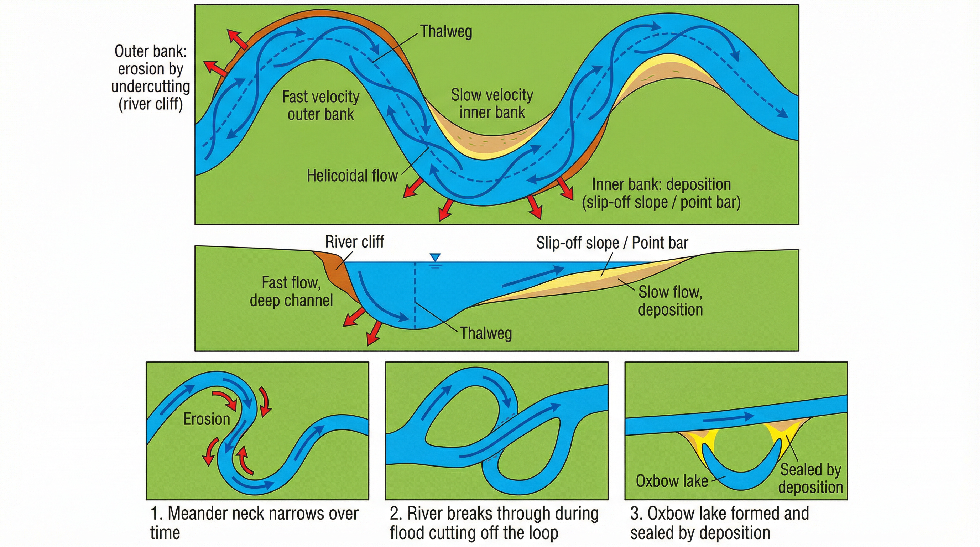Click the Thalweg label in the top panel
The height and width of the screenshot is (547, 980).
446,32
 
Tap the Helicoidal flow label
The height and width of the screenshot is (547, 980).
352,176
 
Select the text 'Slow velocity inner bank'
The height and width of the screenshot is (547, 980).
492,104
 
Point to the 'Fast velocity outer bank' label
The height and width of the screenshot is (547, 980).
320,105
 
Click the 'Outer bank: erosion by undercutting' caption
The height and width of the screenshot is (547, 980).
151,78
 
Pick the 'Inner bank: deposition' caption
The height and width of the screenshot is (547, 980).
661,193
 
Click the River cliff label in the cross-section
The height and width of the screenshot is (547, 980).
354,242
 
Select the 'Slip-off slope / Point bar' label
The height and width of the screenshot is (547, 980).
612,243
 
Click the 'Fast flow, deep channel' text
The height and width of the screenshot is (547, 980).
291,291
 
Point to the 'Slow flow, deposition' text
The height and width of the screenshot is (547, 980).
670,301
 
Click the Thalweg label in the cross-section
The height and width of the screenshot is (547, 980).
486,333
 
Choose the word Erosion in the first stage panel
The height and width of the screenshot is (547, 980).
207,419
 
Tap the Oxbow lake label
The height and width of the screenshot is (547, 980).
672,481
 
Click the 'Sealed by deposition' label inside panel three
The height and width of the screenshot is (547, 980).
810,479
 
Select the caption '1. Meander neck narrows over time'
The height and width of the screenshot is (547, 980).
254,523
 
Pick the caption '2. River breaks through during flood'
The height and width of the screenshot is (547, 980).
494,523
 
